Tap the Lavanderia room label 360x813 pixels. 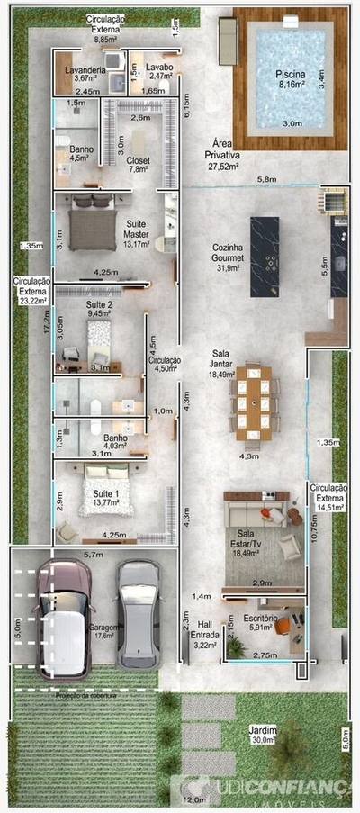tap(90, 73)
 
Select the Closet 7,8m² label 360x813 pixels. tap(138, 163)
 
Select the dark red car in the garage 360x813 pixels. tap(63, 621)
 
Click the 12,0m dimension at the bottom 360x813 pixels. tap(193, 799)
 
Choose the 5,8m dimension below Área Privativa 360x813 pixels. tap(266, 180)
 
